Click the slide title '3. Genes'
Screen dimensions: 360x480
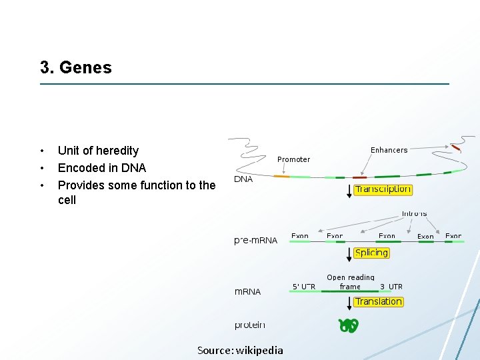[76, 67]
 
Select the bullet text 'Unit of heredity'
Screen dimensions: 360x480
[98, 151]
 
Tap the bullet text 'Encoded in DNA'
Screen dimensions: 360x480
[101, 168]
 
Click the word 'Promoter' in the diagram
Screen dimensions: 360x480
[293, 159]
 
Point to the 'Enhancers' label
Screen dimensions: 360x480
[389, 150]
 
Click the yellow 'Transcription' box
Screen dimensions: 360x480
[383, 189]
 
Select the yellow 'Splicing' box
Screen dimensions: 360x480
[371, 253]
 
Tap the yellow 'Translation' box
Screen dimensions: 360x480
[378, 301]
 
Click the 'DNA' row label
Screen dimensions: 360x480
[243, 179]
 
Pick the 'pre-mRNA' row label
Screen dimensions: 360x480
[256, 240]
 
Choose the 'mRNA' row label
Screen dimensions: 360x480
[247, 291]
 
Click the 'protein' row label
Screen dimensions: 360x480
[249, 325]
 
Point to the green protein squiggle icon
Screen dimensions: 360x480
[349, 325]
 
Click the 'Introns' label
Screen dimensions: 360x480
[414, 213]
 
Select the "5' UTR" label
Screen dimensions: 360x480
[304, 287]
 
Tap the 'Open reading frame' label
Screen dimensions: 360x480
[350, 282]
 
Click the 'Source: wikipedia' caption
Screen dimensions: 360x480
[240, 350]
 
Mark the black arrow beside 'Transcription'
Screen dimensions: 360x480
[349, 191]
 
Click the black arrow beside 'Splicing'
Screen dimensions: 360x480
[349, 254]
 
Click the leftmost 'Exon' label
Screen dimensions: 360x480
[299, 236]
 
